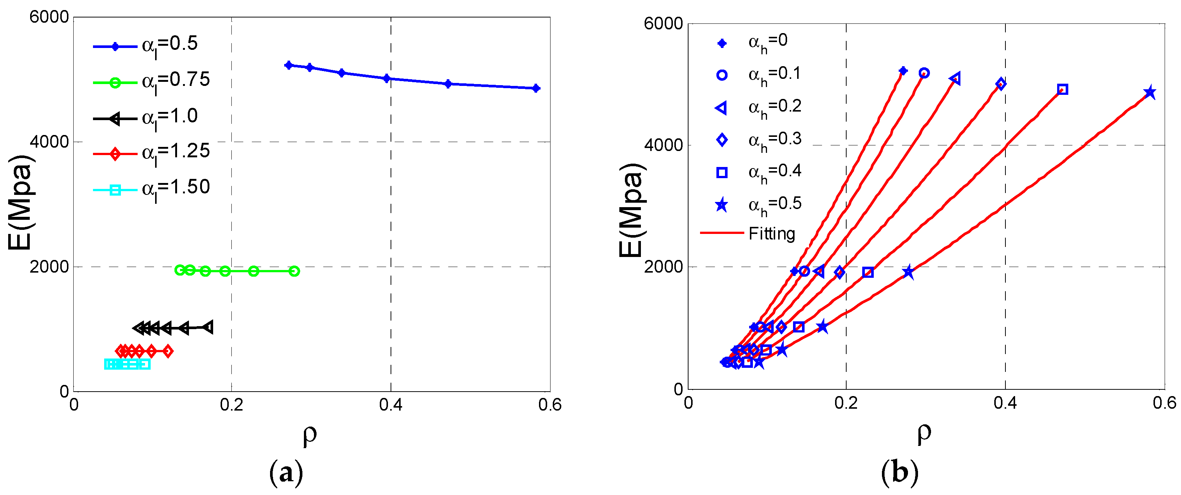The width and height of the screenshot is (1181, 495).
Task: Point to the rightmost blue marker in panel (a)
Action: pos(536,89)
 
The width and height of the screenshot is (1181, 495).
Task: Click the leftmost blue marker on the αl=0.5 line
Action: pos(288,65)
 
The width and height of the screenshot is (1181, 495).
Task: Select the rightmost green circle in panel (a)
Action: pos(294,271)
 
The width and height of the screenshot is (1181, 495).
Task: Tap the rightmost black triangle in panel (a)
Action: pos(208,327)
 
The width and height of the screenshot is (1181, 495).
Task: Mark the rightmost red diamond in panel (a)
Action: pos(168,351)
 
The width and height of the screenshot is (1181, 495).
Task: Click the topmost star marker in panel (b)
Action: pos(1149,93)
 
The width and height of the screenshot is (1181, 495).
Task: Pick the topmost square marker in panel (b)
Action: pos(1063,89)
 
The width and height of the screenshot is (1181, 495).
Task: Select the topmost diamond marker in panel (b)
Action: pos(1001,84)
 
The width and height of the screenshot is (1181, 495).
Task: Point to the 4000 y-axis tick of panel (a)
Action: pos(49,142)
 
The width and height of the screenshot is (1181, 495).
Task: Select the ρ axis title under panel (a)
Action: pos(310,434)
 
